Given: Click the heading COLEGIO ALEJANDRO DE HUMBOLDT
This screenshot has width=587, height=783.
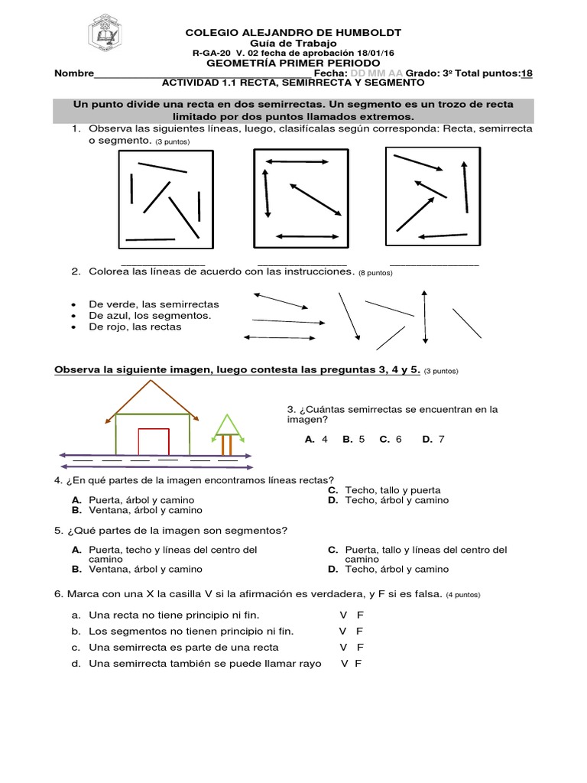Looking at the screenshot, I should point(293,32).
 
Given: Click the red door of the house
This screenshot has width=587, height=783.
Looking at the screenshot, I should point(154,442).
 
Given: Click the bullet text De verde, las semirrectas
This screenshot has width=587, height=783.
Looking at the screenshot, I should point(153,304).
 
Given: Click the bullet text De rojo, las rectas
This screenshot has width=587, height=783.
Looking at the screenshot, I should point(135,327).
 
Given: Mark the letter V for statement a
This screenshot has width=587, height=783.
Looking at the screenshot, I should point(343,615).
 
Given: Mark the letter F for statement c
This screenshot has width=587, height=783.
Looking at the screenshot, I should point(360,647).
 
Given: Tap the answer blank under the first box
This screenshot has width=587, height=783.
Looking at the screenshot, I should point(163,264).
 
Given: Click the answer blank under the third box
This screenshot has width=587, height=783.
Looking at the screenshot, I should point(433,264).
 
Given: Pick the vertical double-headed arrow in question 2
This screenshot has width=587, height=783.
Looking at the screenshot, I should point(425,317).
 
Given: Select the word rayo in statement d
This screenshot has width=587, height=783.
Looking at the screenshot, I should point(310,663).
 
